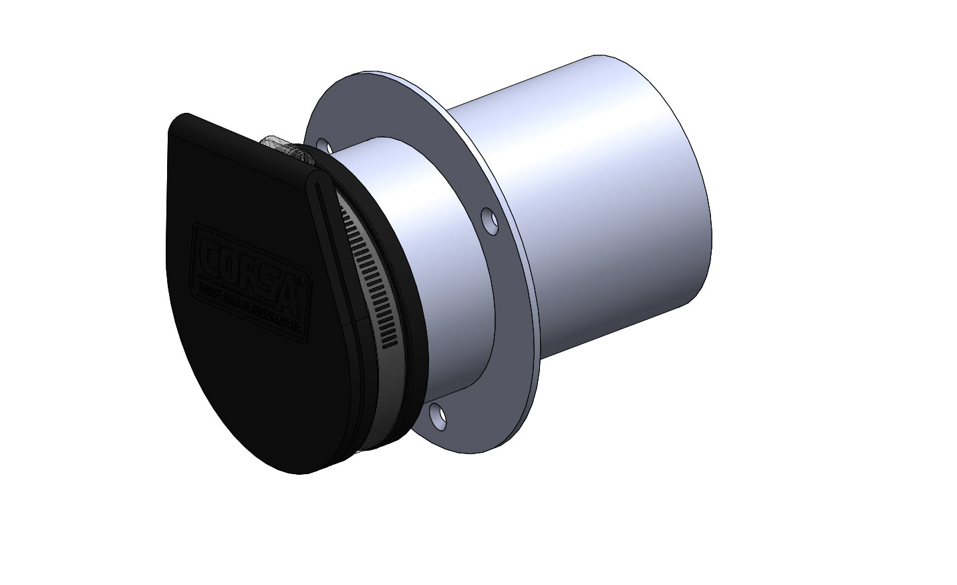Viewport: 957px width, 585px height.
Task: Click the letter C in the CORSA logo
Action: coord(213,254)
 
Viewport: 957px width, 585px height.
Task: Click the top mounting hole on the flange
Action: coord(323,145)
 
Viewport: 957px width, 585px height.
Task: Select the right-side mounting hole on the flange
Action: coord(491,222)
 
